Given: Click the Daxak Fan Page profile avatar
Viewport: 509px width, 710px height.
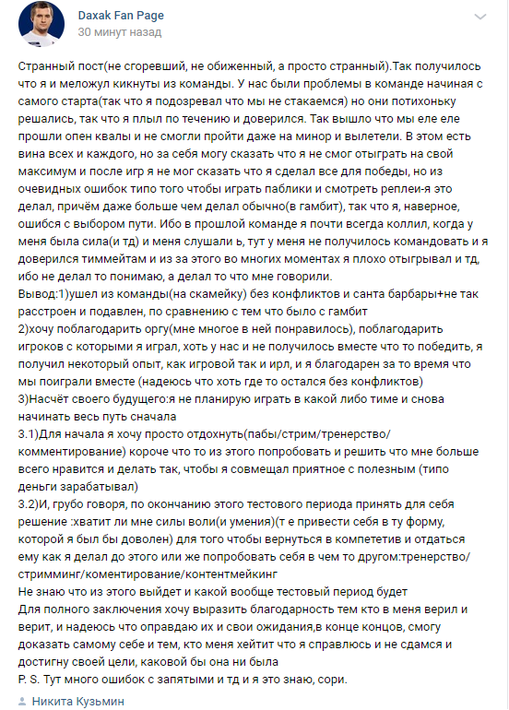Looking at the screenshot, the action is (41, 24).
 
